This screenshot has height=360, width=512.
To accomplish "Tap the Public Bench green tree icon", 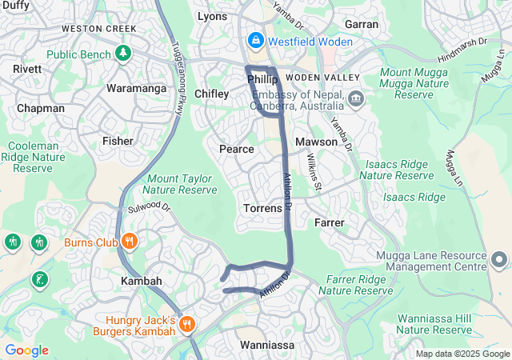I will (122, 54).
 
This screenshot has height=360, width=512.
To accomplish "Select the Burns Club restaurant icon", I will (129, 241).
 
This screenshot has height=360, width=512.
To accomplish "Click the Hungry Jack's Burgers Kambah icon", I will (186, 324).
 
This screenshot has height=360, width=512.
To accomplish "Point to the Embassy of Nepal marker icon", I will (356, 99).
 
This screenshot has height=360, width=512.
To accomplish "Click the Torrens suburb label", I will (262, 208).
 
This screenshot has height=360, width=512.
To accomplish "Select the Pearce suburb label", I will (236, 149).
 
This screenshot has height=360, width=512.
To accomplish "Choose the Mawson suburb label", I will (316, 142).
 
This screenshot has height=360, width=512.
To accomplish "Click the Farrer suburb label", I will (330, 222).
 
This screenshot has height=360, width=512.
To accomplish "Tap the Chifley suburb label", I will (211, 94).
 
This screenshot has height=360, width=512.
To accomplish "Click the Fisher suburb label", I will (118, 141).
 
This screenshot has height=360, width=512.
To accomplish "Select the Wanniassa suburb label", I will (267, 345).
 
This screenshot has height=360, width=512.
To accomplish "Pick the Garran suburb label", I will (362, 24).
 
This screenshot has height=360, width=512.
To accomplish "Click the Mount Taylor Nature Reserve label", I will (180, 184).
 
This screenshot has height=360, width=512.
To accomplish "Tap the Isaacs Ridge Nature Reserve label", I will (397, 169).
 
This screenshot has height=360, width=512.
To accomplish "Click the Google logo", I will (26, 350).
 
